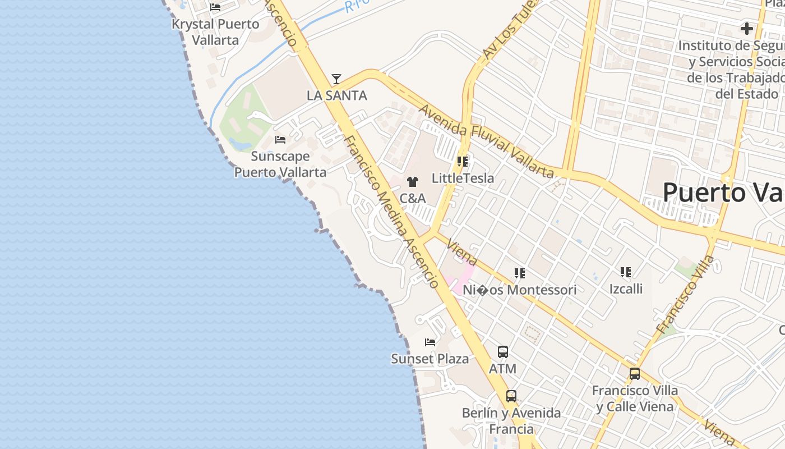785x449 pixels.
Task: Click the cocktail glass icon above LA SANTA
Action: click(336, 79)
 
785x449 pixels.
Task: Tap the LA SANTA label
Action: click(336, 95)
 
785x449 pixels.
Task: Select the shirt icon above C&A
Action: click(413, 182)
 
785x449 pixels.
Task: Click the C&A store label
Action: click(413, 198)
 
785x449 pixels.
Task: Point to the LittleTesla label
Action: click(463, 178)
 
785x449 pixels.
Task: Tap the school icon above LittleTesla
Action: click(463, 162)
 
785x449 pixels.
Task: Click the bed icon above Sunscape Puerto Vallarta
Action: click(280, 139)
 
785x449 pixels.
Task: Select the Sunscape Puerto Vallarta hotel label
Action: click(280, 164)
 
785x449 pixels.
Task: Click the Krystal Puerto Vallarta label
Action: click(216, 32)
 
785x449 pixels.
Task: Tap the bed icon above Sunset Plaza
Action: click(430, 342)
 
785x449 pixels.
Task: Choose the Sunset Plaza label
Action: click(430, 359)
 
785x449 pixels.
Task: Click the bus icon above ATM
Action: click(503, 352)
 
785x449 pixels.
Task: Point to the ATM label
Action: click(503, 369)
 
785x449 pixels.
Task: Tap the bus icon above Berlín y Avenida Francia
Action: click(511, 396)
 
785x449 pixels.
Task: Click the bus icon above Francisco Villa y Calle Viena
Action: click(635, 373)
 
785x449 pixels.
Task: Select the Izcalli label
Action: click(626, 289)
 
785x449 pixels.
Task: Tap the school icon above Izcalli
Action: click(626, 273)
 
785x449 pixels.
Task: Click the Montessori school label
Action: click(520, 290)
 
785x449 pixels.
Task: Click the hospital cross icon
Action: click(746, 28)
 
